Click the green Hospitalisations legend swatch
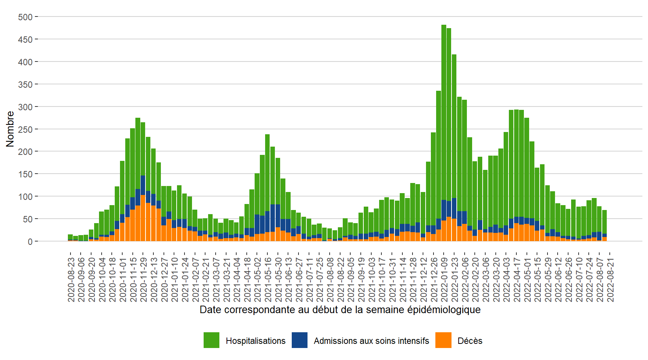(211, 340)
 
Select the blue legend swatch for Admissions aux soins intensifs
(300, 340)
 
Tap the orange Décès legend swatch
(443, 340)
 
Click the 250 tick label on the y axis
(25, 129)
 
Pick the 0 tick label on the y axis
(30, 241)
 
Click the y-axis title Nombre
(10, 129)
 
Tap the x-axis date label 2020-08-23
(71, 279)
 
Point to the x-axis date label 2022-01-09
(444, 279)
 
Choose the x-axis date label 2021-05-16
(268, 279)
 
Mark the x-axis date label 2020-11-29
(143, 279)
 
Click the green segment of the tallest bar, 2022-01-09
(444, 112)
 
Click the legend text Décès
(470, 341)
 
